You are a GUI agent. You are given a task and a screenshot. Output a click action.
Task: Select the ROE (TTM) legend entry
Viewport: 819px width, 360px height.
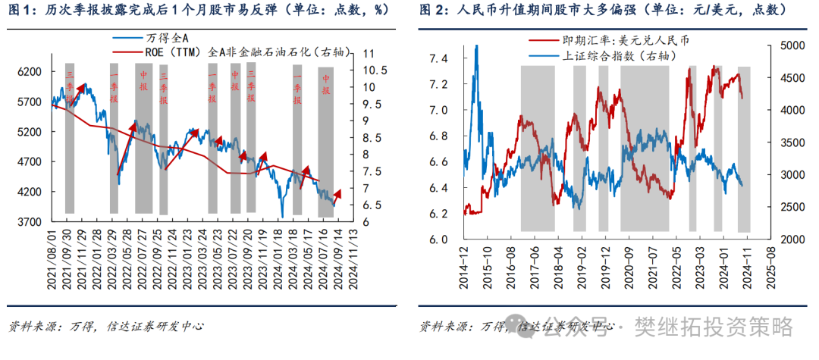coord(227,52)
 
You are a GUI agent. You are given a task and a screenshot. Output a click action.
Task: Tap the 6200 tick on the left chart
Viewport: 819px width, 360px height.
coord(28,71)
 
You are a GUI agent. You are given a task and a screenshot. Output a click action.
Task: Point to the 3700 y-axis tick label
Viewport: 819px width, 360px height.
coord(28,222)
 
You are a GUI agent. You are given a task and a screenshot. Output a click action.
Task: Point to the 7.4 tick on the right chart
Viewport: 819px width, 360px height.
coord(438,58)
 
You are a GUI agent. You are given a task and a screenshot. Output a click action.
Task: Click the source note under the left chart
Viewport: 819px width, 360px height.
coord(106,327)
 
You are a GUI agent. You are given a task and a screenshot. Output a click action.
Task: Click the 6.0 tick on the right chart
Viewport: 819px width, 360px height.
coord(438,239)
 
